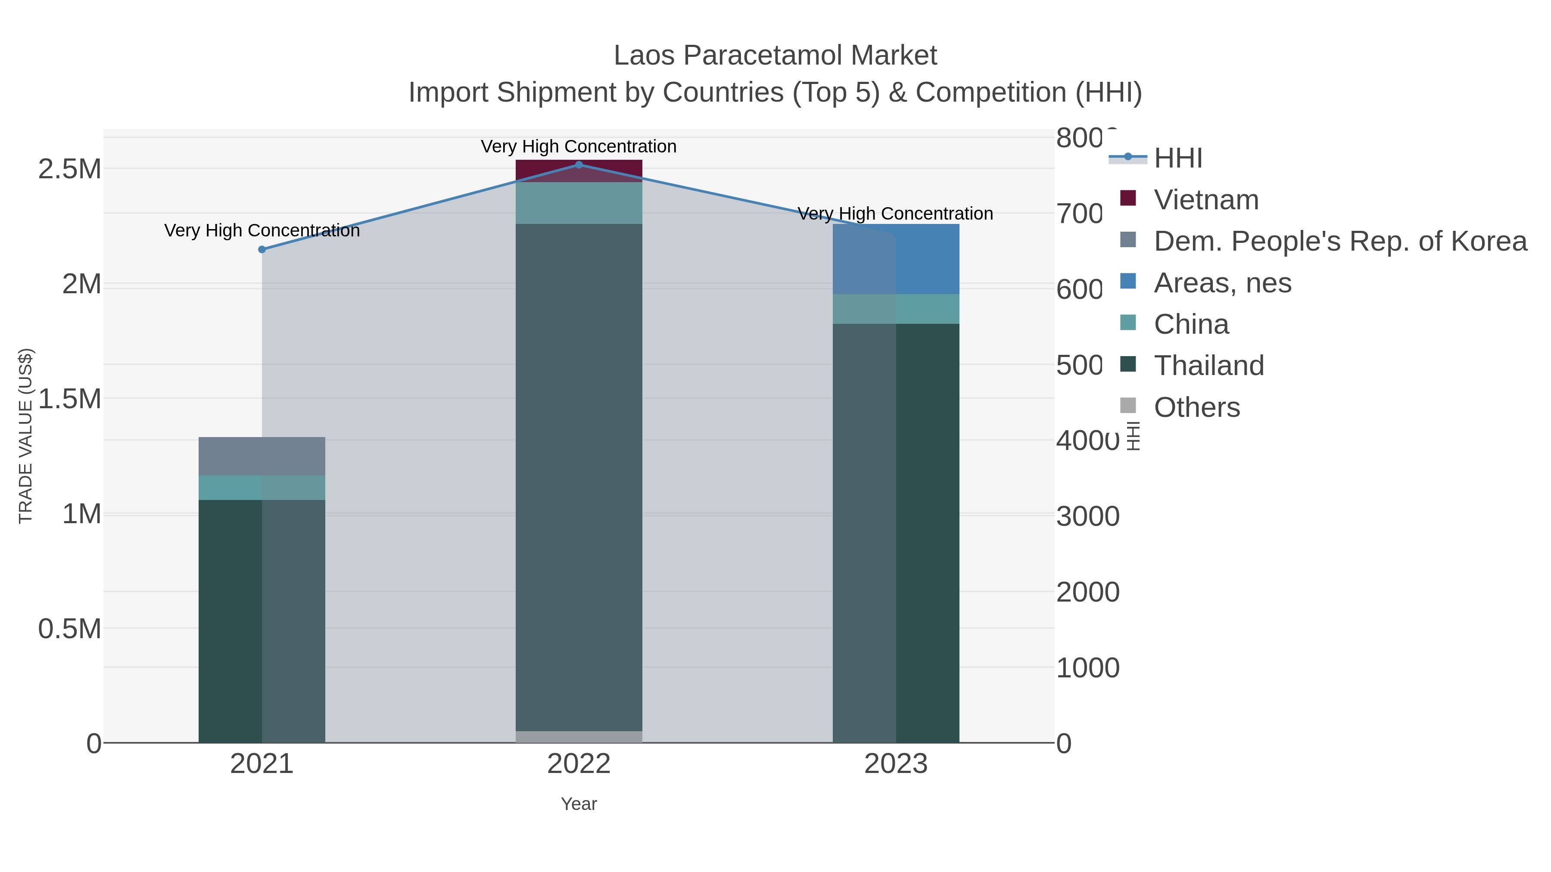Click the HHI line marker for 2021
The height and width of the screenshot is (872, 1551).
click(262, 249)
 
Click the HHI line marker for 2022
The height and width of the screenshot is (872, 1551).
click(579, 165)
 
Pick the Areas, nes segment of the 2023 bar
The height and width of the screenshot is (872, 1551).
click(896, 259)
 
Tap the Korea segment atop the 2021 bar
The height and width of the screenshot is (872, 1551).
click(262, 456)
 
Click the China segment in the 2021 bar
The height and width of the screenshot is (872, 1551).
click(262, 487)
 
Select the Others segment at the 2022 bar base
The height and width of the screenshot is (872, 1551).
click(579, 737)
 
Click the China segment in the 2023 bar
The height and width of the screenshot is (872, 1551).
click(896, 309)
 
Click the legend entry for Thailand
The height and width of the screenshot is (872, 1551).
click(1208, 365)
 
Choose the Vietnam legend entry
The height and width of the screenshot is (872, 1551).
click(1206, 199)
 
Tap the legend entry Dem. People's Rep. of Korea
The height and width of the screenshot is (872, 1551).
click(1339, 241)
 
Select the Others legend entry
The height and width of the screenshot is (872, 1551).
click(1196, 407)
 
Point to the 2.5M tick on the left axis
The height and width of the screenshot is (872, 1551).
click(69, 169)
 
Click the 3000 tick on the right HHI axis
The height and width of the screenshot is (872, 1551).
click(1087, 516)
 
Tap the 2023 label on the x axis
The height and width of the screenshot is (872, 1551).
click(896, 763)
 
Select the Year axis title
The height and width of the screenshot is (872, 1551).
click(579, 804)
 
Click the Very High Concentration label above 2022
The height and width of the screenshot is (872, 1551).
click(579, 146)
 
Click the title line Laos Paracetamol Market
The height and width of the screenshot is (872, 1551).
click(775, 56)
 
